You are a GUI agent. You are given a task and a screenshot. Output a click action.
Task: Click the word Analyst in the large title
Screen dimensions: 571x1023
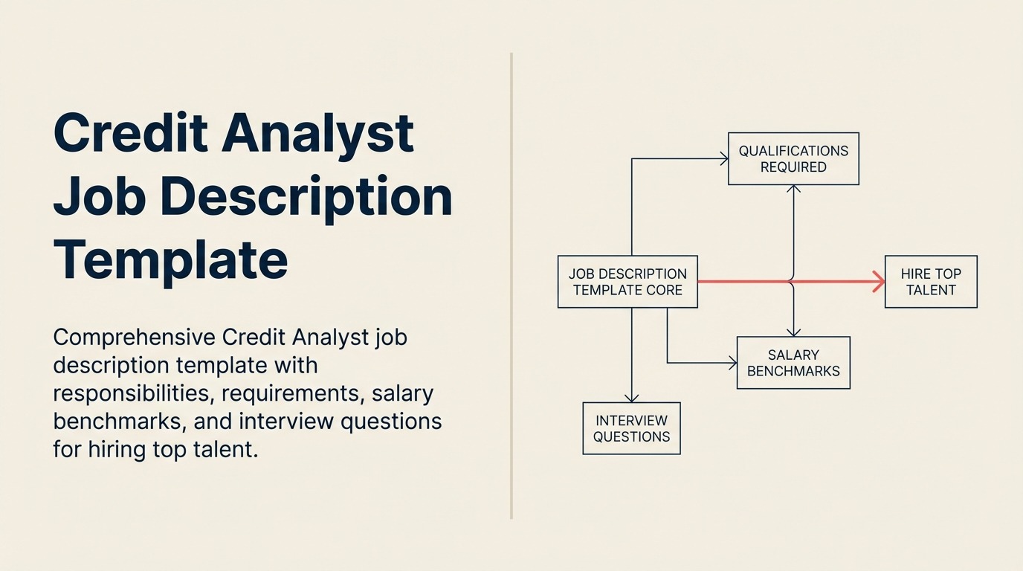coord(317,133)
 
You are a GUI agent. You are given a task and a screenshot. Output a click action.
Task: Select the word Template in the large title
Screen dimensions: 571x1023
coord(170,259)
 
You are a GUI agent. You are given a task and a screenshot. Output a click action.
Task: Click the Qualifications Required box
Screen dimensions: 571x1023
coord(793,158)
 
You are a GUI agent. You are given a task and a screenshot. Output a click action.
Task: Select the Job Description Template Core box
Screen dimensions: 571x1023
coord(627,282)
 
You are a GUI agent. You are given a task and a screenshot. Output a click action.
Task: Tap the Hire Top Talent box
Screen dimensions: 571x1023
coord(931,282)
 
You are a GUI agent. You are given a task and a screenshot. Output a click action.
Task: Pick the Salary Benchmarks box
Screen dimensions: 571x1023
coord(793,363)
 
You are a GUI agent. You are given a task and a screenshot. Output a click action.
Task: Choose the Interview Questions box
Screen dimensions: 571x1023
coord(631,428)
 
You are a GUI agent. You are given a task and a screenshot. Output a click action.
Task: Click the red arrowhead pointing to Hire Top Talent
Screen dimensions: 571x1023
coord(879,282)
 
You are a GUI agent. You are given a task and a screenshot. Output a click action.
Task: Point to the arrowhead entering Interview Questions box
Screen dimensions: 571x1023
coord(631,398)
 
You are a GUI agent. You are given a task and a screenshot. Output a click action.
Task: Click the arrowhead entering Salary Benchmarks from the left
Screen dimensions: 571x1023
coord(732,363)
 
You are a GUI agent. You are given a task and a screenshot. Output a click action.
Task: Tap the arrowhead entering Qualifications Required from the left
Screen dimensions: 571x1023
coord(723,158)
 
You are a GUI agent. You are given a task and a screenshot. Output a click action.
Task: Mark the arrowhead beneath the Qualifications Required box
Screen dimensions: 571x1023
coord(793,190)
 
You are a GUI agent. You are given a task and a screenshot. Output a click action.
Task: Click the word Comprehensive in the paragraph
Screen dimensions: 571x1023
coord(133,337)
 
